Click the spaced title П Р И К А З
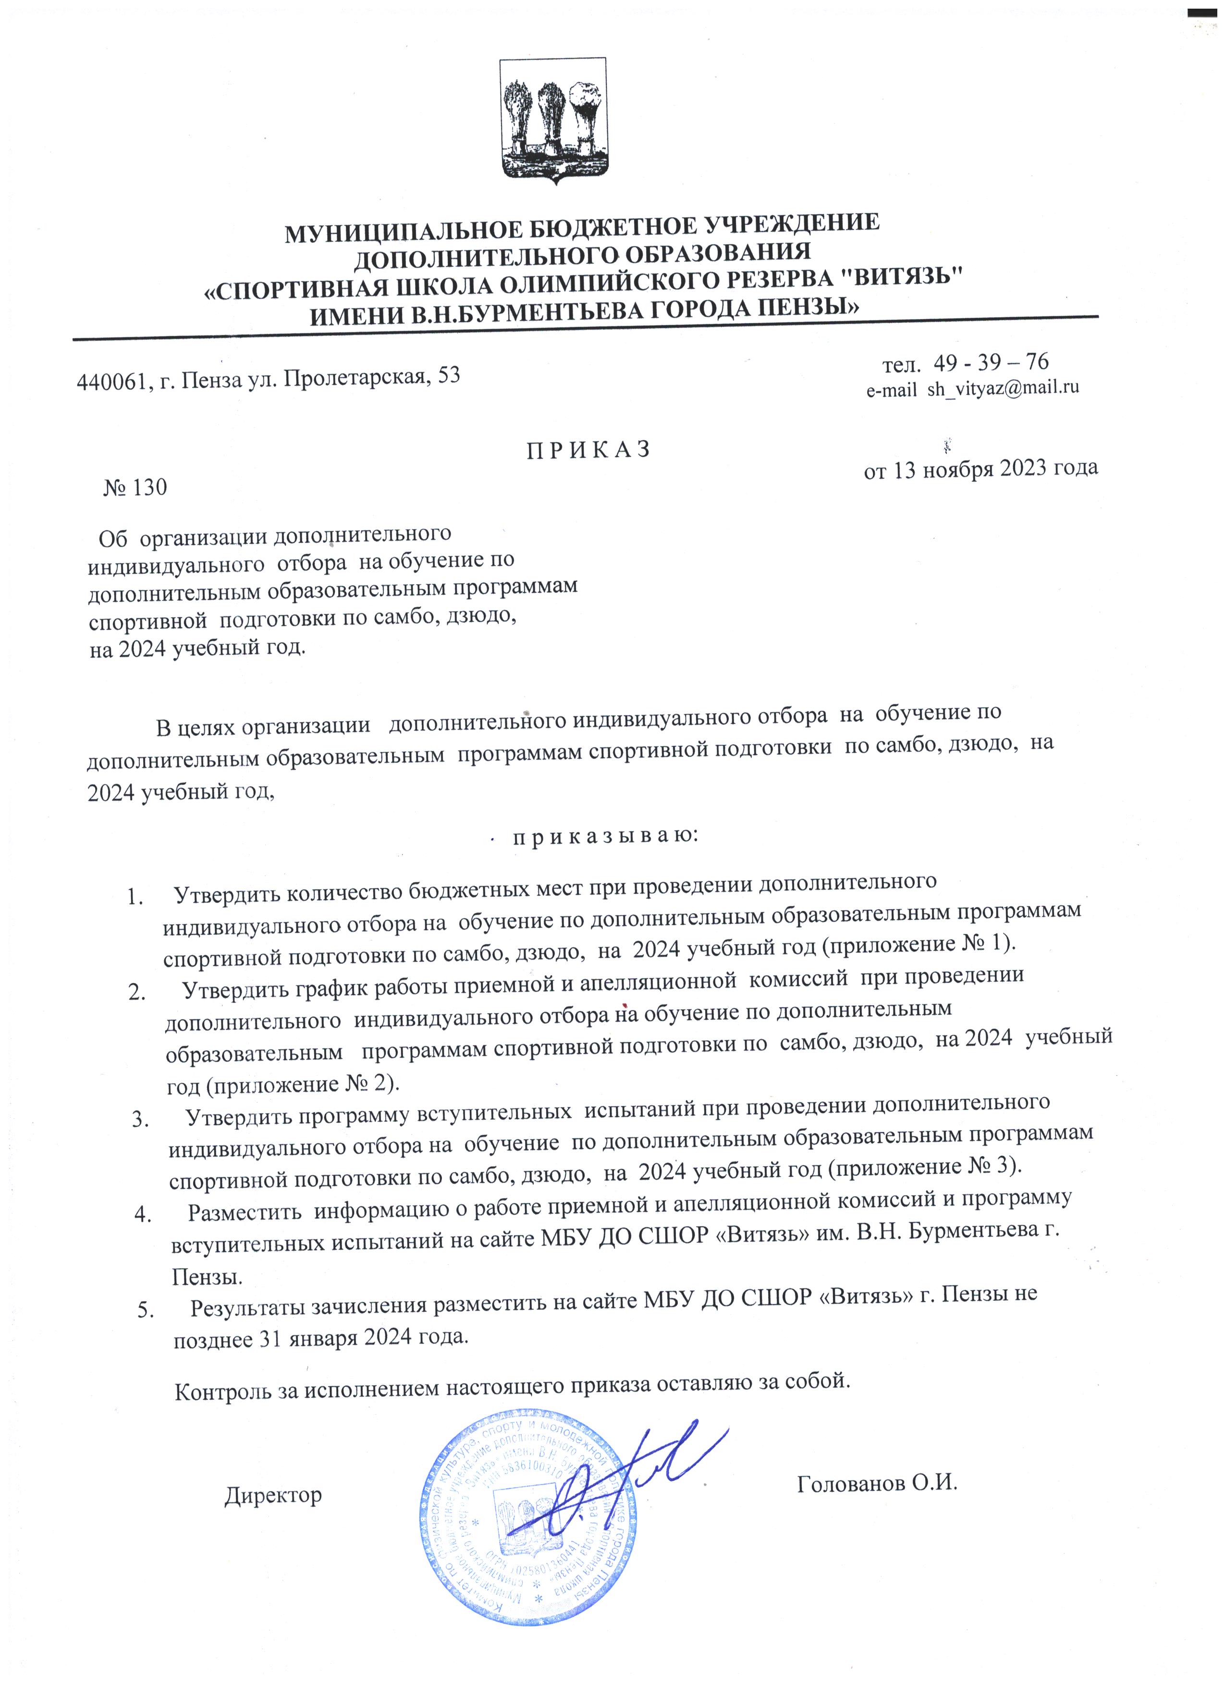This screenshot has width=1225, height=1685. pyautogui.click(x=588, y=450)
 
